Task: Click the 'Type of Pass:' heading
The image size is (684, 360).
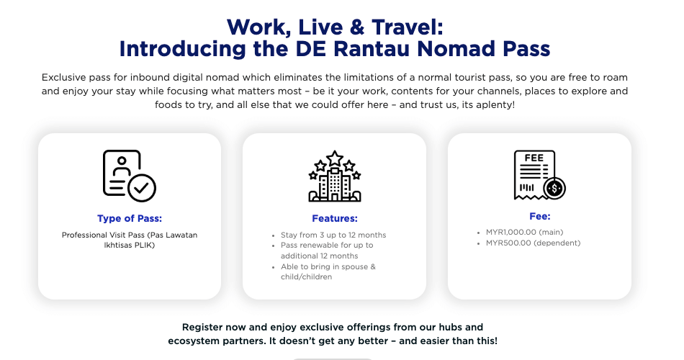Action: (130, 218)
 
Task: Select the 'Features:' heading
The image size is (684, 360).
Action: (335, 218)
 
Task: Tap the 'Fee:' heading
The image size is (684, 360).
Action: (540, 216)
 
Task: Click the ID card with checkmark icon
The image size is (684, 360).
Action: (129, 176)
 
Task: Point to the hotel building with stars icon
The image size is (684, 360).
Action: (335, 176)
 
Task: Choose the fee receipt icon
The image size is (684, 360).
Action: (539, 175)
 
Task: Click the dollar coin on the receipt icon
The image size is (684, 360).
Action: (554, 189)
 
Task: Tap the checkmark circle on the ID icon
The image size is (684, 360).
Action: (143, 188)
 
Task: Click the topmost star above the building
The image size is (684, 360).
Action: (335, 158)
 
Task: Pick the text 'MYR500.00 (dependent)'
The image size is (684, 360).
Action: (533, 243)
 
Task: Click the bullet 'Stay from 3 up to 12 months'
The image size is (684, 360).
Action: (333, 235)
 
